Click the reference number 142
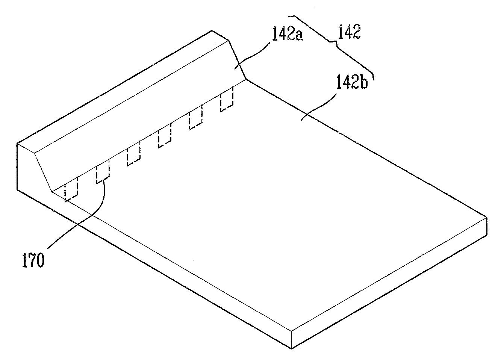tap(349, 33)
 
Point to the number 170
tap(33, 260)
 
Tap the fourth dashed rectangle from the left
tap(165, 136)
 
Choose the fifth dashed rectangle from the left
tap(195, 118)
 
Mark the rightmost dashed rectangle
tap(227, 100)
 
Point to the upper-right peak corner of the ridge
tap(229, 39)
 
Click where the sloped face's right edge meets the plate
tap(246, 79)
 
